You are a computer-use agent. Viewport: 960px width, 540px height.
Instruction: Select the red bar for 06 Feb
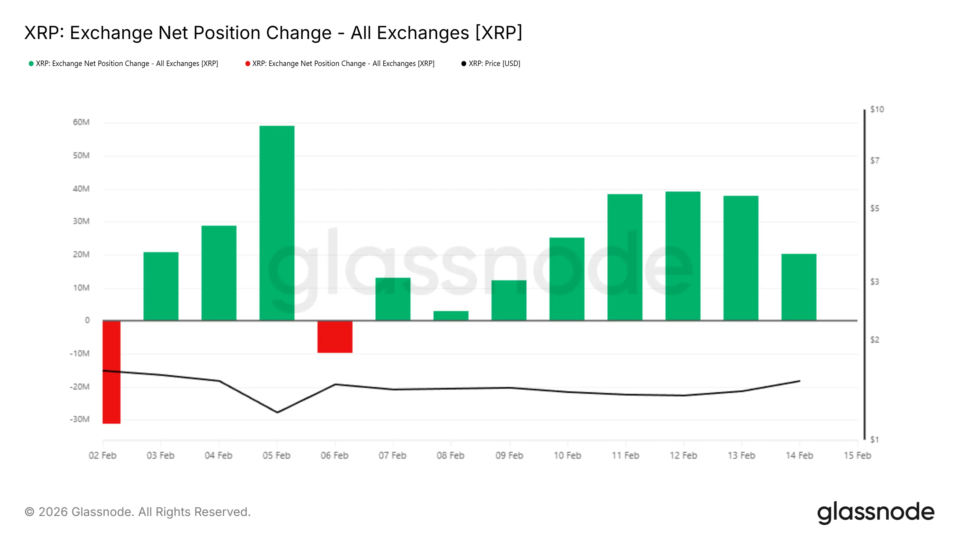pos(335,337)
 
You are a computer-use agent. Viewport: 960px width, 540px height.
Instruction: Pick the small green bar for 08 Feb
pos(451,316)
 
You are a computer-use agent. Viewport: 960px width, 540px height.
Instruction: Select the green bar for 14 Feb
pos(799,287)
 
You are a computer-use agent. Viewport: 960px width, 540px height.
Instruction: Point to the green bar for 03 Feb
pos(160,286)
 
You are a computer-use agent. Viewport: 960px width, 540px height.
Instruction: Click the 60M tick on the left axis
pos(81,122)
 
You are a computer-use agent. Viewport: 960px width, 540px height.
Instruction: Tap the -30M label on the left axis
pos(80,419)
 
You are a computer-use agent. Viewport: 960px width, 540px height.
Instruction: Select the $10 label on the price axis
pos(877,109)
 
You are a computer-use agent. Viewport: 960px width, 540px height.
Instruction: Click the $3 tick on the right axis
pos(875,282)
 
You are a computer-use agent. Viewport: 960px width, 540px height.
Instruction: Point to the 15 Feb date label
pos(857,455)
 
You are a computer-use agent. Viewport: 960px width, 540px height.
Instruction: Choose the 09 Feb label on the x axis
pos(509,455)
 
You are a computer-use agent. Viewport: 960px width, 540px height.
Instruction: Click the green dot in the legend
pos(31,64)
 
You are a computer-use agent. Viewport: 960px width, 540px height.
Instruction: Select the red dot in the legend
pos(247,64)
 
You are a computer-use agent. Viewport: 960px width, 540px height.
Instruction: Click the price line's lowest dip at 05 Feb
pos(277,412)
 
